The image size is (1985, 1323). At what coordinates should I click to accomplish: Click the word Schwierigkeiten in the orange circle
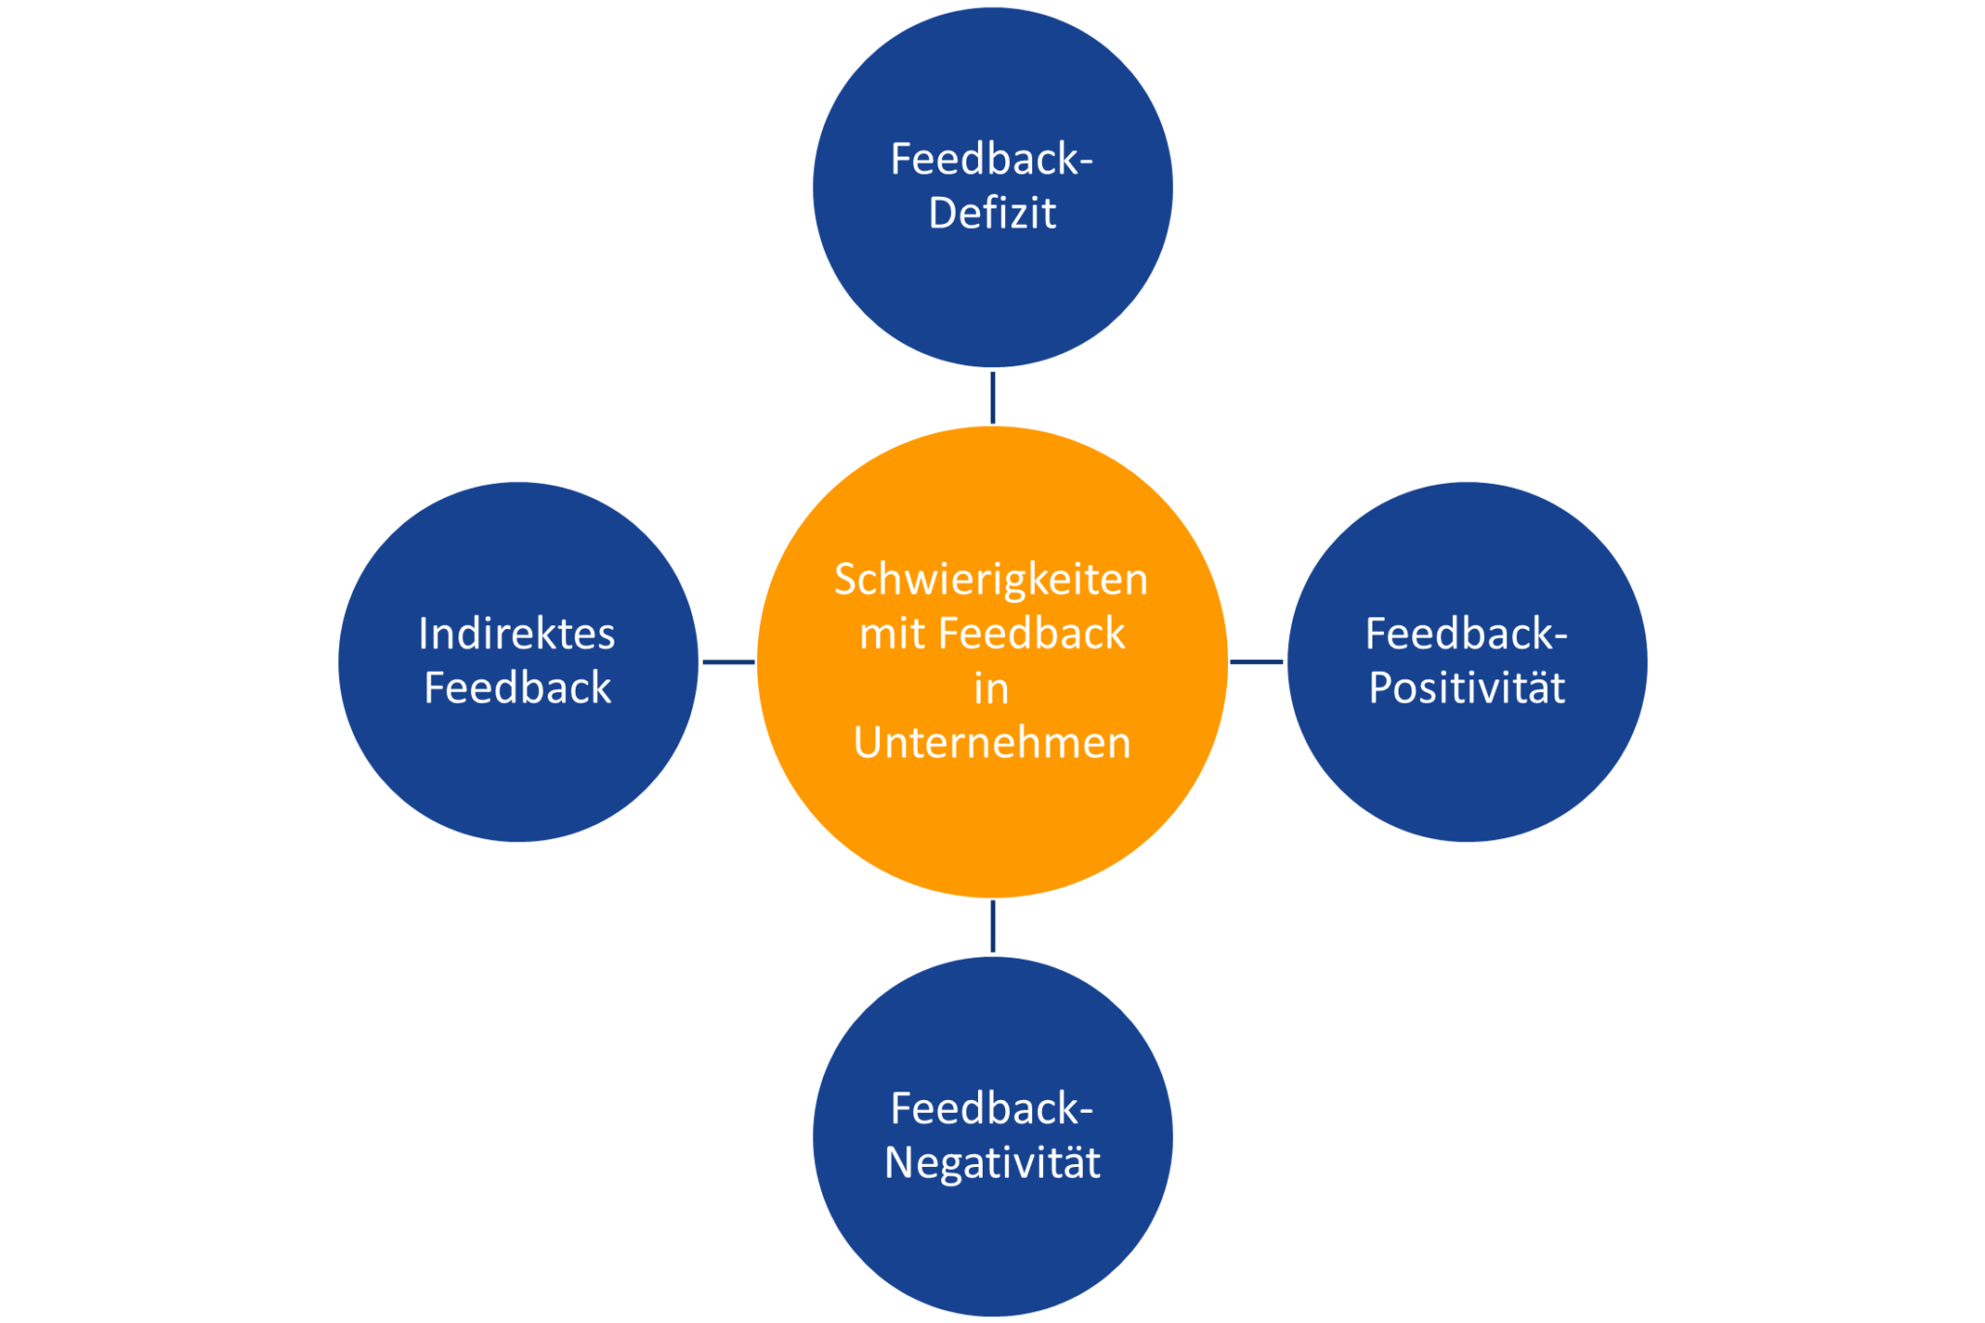tap(991, 581)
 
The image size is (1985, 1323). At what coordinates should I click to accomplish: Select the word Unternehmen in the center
tap(992, 743)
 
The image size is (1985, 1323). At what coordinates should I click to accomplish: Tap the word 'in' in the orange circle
tap(991, 689)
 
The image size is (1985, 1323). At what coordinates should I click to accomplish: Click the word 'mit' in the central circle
tap(891, 635)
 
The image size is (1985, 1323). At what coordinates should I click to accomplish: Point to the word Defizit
tap(992, 213)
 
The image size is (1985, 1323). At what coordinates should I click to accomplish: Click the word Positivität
tap(1466, 688)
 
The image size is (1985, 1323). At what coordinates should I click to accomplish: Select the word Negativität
tap(992, 1162)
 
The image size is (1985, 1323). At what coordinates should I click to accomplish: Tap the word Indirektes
tap(517, 635)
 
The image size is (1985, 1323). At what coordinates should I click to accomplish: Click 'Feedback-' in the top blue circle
tap(992, 160)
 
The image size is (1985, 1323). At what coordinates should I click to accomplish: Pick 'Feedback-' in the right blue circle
tap(1466, 635)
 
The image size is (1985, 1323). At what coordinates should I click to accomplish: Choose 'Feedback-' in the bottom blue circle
tap(992, 1109)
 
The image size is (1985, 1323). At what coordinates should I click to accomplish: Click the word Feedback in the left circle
tap(518, 688)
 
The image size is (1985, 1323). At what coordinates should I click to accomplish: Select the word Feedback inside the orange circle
tap(1031, 635)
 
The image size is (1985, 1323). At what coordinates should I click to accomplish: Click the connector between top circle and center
tap(992, 397)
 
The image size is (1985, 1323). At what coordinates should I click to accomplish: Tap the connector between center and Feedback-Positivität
tap(1257, 662)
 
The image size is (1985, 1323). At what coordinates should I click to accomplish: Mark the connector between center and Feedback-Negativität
tap(992, 927)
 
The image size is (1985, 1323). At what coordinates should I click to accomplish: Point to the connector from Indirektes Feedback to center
tap(728, 662)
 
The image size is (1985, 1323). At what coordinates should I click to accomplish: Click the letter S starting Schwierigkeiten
tap(845, 581)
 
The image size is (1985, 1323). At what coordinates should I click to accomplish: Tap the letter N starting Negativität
tap(899, 1162)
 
